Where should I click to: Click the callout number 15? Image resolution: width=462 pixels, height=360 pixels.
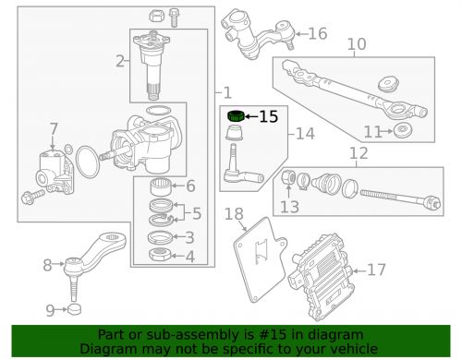click(x=268, y=116)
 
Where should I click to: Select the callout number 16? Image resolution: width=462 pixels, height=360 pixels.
click(x=317, y=34)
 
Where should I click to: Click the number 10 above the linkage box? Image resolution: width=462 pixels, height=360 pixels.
click(x=356, y=44)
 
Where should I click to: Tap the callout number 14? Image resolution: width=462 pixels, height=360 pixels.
click(x=306, y=133)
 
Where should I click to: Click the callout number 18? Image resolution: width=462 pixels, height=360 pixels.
click(x=235, y=214)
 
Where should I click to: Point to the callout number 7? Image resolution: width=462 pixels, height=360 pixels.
click(x=54, y=127)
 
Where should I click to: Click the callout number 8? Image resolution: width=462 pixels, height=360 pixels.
click(x=48, y=266)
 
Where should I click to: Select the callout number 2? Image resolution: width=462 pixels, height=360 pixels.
click(x=119, y=62)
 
